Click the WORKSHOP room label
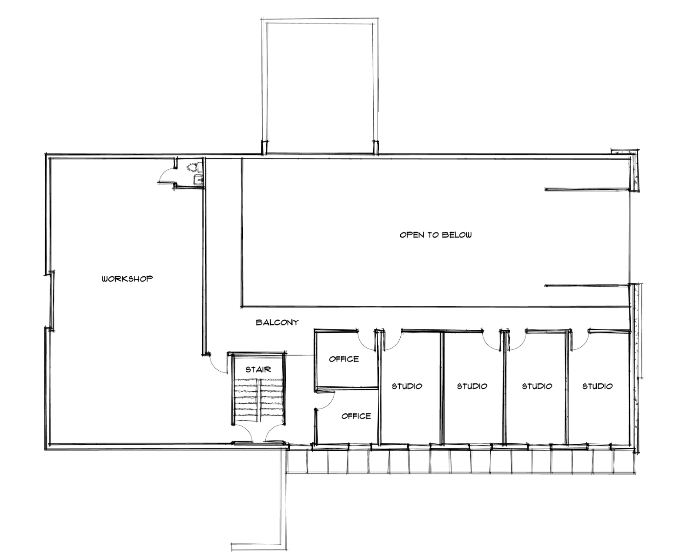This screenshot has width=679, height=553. tap(127, 278)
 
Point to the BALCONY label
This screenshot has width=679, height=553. tap(277, 322)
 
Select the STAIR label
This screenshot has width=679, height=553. tap(258, 370)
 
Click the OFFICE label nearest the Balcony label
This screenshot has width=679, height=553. tap(344, 359)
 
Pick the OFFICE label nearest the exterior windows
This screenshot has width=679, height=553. tap(356, 416)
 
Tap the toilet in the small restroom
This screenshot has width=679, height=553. tap(192, 167)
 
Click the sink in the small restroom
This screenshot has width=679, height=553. tap(198, 179)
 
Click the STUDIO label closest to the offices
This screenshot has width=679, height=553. tap(407, 386)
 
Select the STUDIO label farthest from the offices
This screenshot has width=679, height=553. tap(597, 386)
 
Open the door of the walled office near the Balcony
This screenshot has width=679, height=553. tap(367, 341)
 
